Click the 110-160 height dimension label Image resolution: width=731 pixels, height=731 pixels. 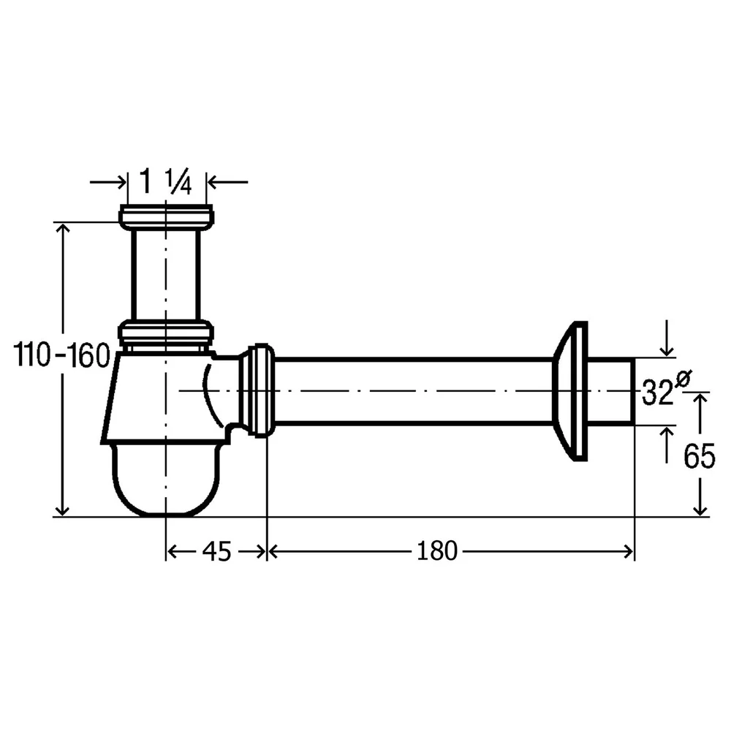click(x=61, y=355)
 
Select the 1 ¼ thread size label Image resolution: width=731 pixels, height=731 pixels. click(x=165, y=181)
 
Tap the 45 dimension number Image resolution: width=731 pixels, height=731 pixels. click(x=217, y=551)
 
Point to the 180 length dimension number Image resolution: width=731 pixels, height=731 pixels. click(x=437, y=551)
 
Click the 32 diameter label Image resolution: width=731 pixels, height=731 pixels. click(x=658, y=393)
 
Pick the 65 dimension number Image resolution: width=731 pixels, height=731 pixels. click(x=700, y=456)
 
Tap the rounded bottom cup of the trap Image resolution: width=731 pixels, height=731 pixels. click(x=165, y=480)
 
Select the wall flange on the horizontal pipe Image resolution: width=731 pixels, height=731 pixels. click(x=570, y=390)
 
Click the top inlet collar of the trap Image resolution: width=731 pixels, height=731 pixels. click(x=167, y=217)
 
